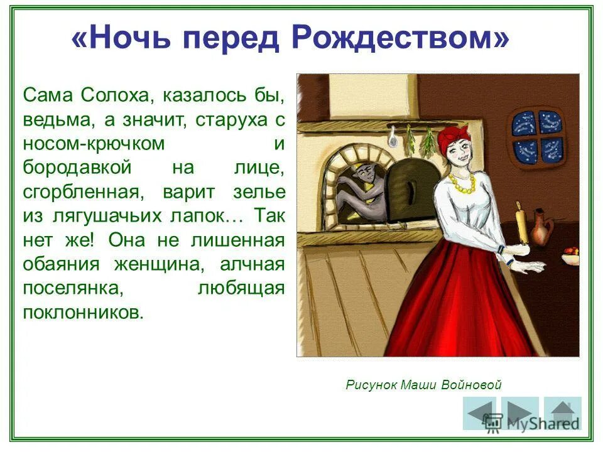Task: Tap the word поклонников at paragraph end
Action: pos(84,313)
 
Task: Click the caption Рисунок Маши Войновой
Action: pos(423,385)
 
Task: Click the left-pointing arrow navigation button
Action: pos(479,413)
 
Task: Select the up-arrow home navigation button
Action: pos(563,413)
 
